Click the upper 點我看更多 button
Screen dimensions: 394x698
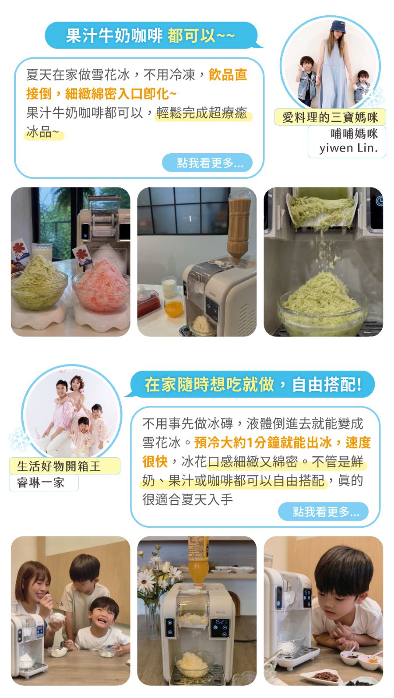pos(207,162)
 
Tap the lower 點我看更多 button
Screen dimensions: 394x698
pos(323,511)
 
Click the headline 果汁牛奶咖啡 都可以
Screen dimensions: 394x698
pos(150,35)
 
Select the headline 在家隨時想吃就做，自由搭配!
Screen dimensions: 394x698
pos(253,384)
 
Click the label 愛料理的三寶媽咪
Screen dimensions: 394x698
pos(330,117)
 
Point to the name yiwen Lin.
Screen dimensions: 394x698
pos(348,148)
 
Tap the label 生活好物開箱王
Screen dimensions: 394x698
pos(59,466)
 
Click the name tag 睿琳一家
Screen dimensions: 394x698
pos(41,483)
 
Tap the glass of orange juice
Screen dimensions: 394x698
pos(174,307)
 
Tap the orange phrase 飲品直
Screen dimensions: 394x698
pos(228,74)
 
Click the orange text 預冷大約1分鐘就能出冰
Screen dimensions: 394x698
pos(264,442)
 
